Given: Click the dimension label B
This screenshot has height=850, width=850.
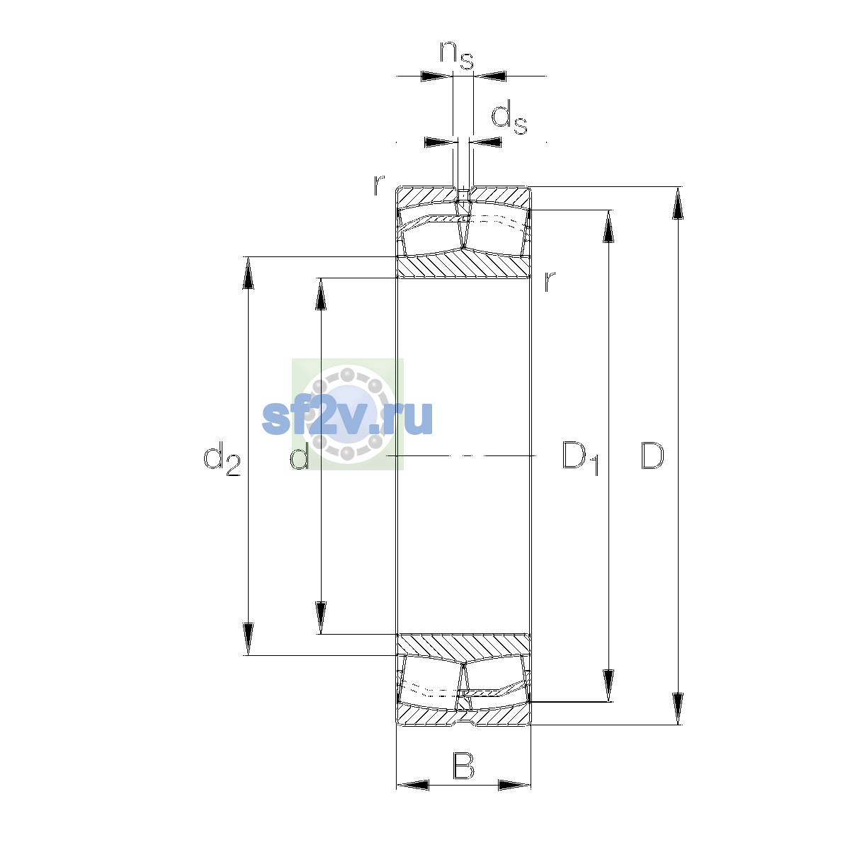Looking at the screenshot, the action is (463, 766).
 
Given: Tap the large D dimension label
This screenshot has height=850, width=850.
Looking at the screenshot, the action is (652, 455).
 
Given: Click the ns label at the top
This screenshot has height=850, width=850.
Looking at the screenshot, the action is (457, 55).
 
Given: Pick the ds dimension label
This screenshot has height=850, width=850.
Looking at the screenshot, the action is (509, 117).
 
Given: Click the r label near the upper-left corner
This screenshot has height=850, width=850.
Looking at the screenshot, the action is (379, 186).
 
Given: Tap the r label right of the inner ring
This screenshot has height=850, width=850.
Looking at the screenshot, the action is (550, 281).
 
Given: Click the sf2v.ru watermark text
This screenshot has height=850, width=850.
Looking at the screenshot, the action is (347, 417).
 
